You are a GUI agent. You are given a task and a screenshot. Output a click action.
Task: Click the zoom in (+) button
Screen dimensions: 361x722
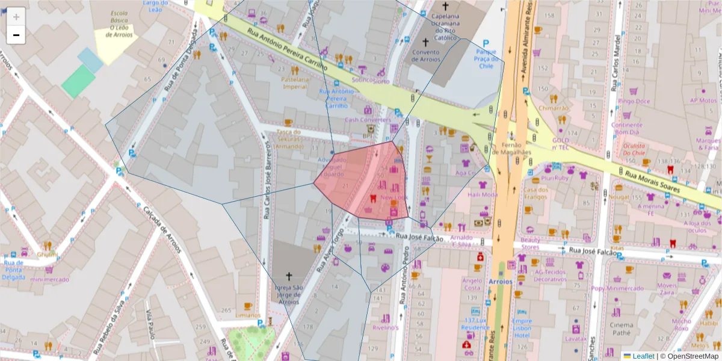tap(16, 16)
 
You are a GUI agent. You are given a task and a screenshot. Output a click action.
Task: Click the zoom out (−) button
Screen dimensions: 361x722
tap(16, 35)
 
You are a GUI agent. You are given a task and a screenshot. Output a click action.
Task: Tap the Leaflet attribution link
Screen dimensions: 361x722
tap(643, 356)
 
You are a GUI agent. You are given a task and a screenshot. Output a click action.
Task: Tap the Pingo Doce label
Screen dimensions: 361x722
tap(634, 101)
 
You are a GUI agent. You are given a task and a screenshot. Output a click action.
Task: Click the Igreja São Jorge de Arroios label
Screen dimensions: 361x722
tap(288, 295)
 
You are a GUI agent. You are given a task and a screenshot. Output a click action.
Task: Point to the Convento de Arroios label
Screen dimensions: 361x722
tap(426, 55)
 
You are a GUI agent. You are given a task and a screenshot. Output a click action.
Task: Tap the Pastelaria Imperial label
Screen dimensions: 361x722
tap(295, 82)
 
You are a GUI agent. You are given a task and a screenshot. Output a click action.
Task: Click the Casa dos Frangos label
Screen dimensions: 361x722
tap(535, 193)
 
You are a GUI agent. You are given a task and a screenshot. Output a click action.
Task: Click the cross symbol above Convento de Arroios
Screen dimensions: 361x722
tap(426, 42)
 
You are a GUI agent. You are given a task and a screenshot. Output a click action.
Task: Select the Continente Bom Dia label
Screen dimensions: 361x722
tap(627, 128)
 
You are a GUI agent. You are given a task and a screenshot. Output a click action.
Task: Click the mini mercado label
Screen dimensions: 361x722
tap(49, 279)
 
